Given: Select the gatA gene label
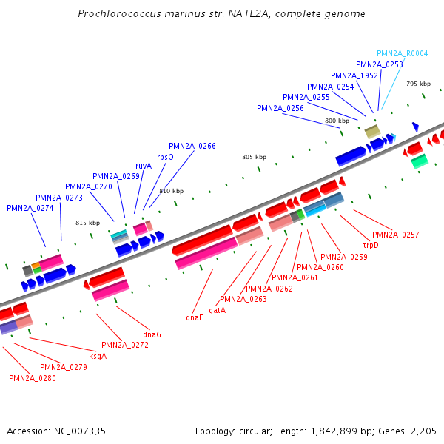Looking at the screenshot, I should (x=218, y=310).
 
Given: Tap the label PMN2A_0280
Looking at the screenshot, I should (x=32, y=378).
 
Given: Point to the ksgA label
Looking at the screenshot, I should (x=98, y=356).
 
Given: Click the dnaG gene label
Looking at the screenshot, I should (x=152, y=334).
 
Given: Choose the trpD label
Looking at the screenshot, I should (x=370, y=245).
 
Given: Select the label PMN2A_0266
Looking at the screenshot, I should (x=192, y=146).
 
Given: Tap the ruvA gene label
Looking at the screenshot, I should (x=143, y=166).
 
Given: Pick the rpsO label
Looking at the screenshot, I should (x=165, y=157).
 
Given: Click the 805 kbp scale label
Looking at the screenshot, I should (x=254, y=157).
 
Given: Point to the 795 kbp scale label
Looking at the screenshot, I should (x=418, y=84).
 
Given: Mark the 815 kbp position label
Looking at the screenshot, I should (x=87, y=222).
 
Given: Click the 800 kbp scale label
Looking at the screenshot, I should (x=337, y=120).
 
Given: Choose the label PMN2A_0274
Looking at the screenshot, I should (x=30, y=208).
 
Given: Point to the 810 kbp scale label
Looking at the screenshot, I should (x=171, y=192).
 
